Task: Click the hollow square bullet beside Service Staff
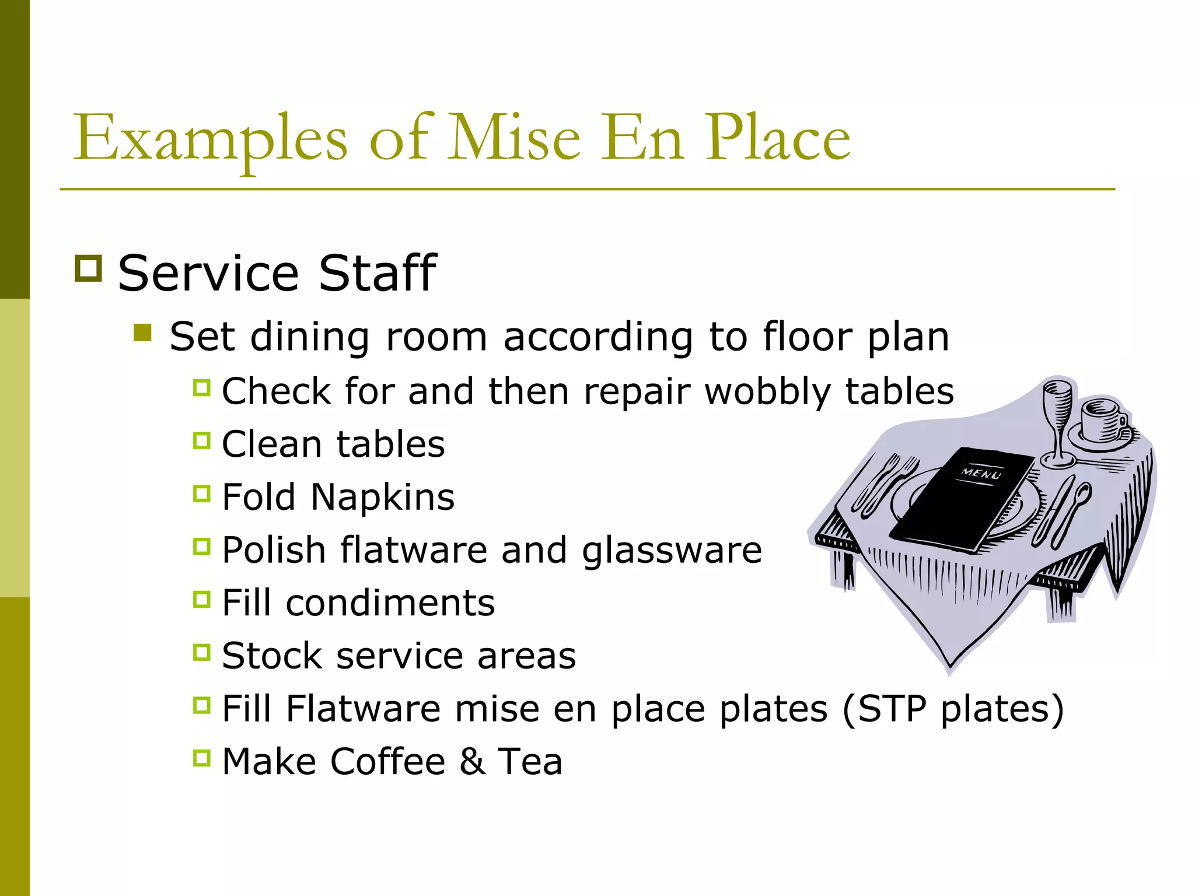click(89, 268)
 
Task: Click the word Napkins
click(382, 497)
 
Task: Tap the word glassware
click(672, 551)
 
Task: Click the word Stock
click(272, 656)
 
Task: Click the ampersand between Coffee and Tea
click(472, 762)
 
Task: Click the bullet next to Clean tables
click(201, 440)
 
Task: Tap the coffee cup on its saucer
click(1102, 421)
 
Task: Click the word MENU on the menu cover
click(981, 473)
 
